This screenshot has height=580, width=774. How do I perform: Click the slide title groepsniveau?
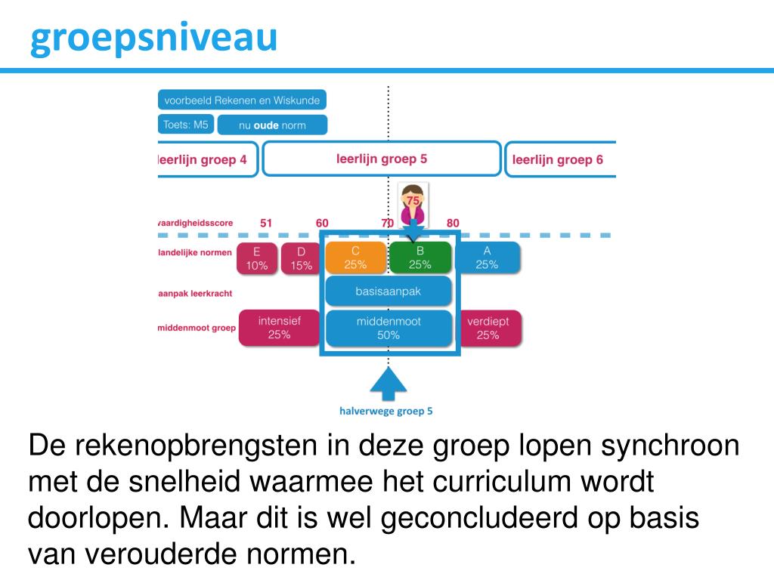(x=153, y=38)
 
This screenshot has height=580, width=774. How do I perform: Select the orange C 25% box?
(x=355, y=258)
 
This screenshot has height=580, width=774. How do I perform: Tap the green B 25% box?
(x=420, y=258)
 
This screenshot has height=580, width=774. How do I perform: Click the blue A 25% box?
(x=487, y=258)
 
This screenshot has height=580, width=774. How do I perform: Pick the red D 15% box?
(x=301, y=258)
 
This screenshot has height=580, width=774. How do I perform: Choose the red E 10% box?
(x=256, y=258)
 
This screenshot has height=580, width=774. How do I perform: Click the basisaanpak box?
(x=388, y=292)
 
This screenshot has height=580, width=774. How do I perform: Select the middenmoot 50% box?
(x=388, y=328)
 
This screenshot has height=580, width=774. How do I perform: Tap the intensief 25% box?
(x=279, y=328)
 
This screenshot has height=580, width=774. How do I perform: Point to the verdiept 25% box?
(x=488, y=328)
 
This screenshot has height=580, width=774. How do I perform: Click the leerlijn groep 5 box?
(x=382, y=159)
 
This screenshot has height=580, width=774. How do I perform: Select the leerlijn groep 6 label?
(x=558, y=159)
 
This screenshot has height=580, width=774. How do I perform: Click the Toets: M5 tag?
(x=185, y=125)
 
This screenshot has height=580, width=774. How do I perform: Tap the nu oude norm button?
(x=272, y=125)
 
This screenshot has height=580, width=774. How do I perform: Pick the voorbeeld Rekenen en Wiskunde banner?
(x=242, y=100)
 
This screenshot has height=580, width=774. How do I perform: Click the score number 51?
(x=266, y=223)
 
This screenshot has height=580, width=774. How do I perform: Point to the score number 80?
(x=453, y=223)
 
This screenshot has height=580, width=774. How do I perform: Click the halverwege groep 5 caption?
(x=385, y=412)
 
